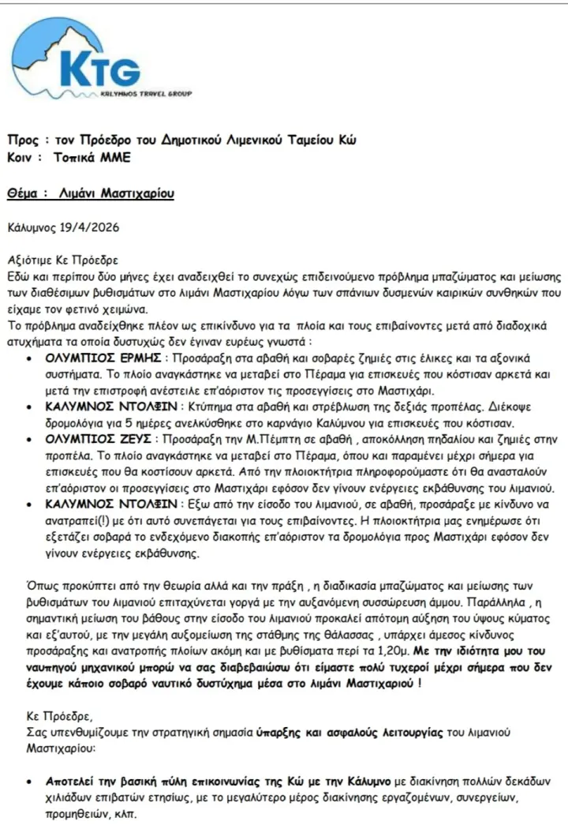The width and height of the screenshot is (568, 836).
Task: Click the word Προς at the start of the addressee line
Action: point(22,141)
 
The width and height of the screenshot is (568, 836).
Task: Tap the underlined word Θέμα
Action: point(24,193)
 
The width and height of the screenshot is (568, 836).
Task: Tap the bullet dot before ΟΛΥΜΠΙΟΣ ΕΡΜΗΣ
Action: point(29,358)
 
